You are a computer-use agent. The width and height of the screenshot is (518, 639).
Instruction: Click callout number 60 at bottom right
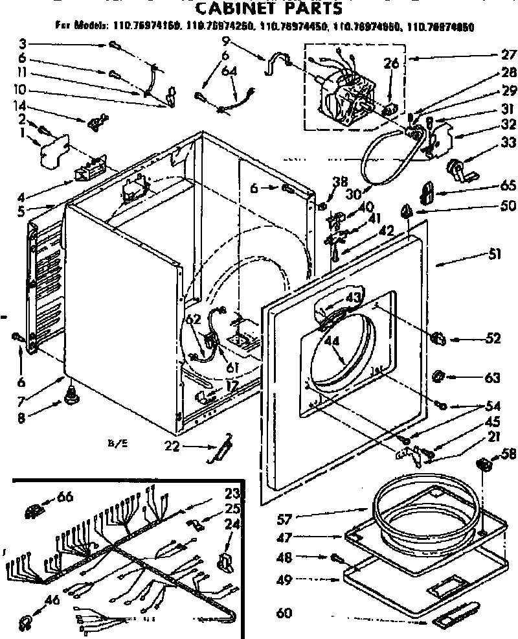[x=284, y=613]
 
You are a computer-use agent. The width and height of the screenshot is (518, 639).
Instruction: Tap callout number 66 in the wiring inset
[x=65, y=497]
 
